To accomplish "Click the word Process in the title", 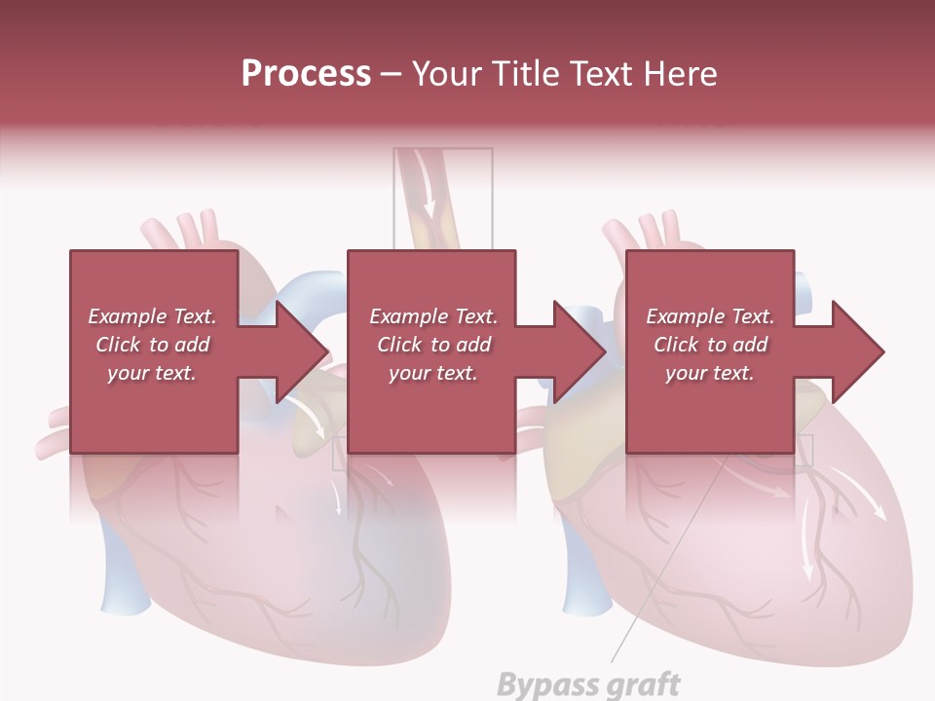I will coord(306,74).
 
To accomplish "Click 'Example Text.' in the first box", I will coord(152,316).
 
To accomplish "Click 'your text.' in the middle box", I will coord(432,373).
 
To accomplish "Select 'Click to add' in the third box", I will coord(710,345).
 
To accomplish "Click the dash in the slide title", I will coord(391,74).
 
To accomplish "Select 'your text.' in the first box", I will coord(152,373).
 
